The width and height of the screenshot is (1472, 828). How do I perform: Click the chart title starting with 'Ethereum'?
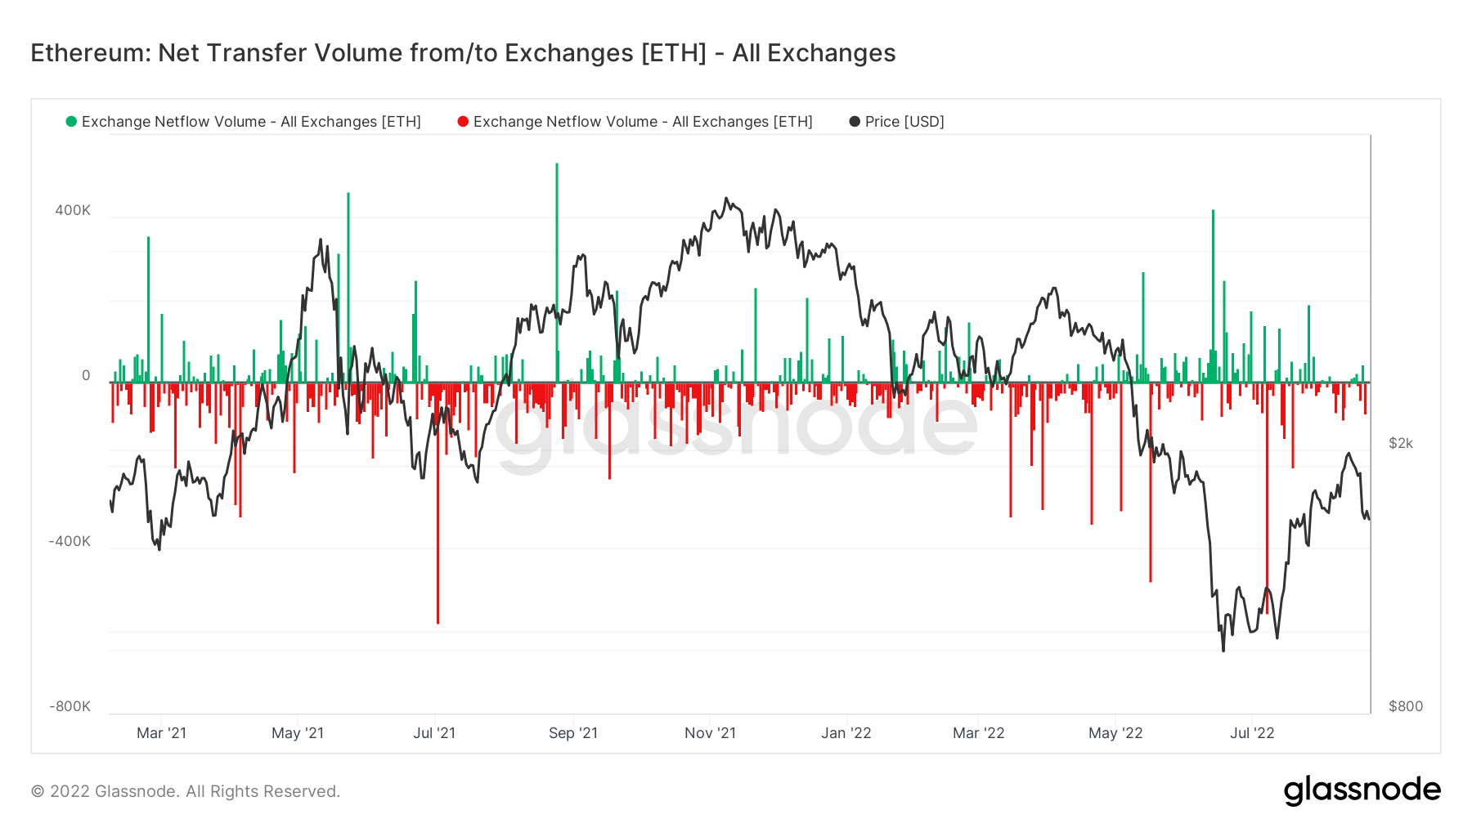click(463, 53)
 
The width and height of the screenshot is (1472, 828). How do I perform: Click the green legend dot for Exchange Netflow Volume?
click(71, 122)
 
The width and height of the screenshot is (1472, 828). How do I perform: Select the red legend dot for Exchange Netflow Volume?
click(463, 122)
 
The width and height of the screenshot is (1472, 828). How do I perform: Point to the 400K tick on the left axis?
click(73, 210)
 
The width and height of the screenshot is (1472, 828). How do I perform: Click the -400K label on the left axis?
click(70, 541)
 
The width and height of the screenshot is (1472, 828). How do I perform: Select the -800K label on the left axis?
click(70, 706)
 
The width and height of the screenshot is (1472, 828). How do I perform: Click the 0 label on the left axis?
click(86, 376)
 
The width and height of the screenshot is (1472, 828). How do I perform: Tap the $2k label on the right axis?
click(1400, 443)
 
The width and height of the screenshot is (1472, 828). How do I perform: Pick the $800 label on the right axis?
click(1405, 706)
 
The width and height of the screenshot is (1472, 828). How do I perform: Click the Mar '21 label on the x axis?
click(161, 733)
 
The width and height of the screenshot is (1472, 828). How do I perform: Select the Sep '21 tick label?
click(572, 733)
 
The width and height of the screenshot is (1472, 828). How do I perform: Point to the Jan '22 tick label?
click(846, 733)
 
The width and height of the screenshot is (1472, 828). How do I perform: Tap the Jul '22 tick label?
click(1252, 733)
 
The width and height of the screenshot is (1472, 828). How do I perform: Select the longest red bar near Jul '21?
click(438, 507)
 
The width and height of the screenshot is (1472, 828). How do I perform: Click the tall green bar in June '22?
click(1213, 294)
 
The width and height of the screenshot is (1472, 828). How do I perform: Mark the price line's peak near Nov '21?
click(726, 199)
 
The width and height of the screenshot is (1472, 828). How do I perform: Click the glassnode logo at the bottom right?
click(1362, 790)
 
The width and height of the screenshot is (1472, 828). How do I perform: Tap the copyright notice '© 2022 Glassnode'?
click(186, 791)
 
